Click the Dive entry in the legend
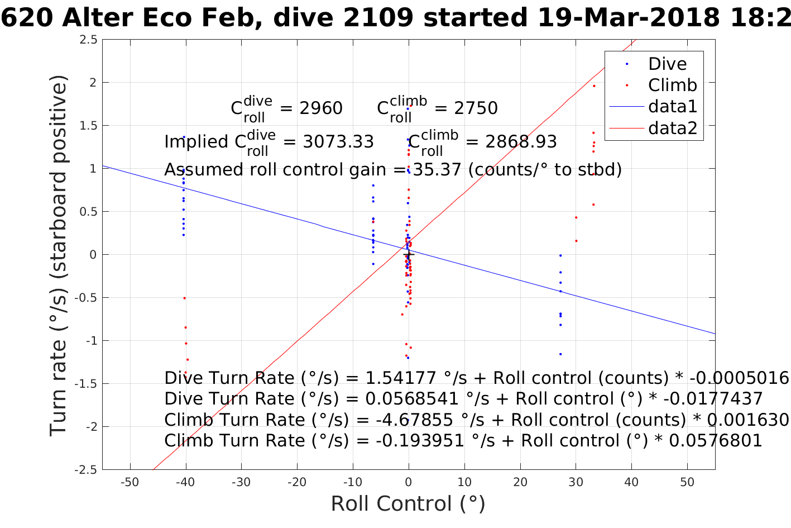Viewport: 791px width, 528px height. coord(667,64)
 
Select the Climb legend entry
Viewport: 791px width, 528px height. coord(672,85)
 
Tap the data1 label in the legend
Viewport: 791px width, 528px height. coord(673,106)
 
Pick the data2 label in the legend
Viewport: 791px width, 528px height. coord(673,128)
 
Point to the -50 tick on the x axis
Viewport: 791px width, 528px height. coord(130,482)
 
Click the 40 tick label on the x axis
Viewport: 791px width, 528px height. coord(631,482)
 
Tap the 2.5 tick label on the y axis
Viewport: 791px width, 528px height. coord(88,40)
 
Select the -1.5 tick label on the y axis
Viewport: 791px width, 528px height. coord(86,384)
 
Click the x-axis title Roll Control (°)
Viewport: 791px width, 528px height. coord(408,503)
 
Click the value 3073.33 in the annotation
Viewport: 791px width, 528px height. coord(338,142)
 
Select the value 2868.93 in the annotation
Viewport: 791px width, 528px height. coord(521,142)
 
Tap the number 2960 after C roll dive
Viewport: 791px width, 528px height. coord(321,108)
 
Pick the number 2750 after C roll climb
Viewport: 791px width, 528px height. coord(476,108)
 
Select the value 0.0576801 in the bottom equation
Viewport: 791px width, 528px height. coord(715,441)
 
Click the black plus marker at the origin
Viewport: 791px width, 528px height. coord(408,255)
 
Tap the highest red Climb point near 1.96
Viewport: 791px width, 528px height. coord(594,85)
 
